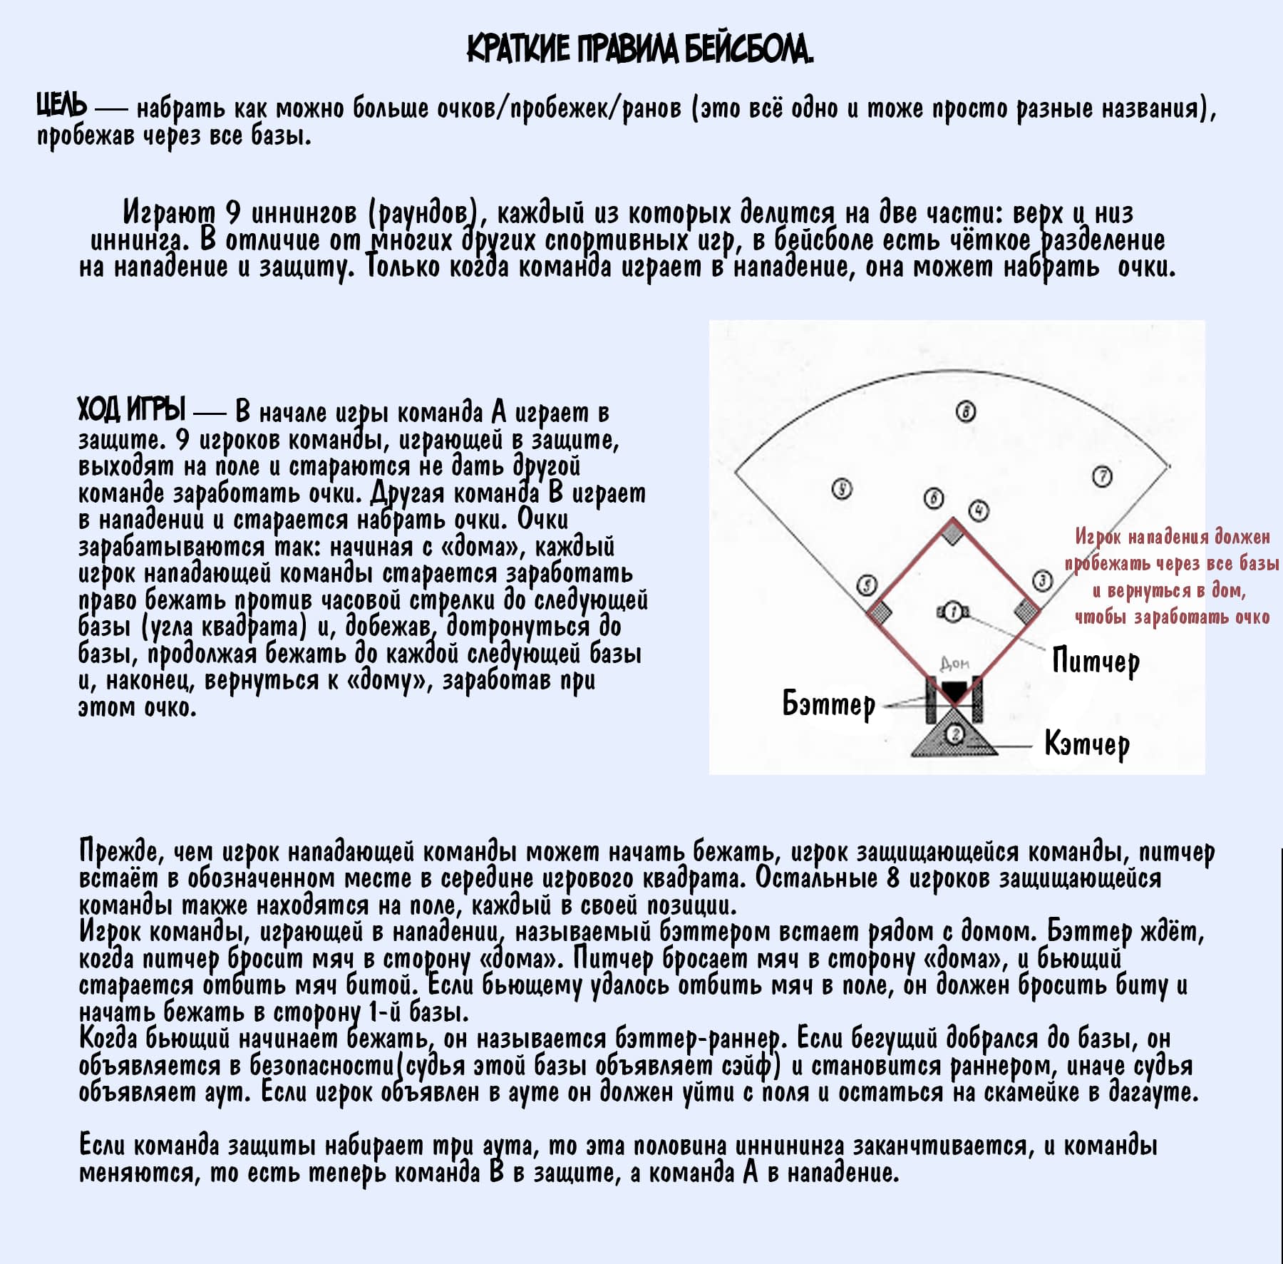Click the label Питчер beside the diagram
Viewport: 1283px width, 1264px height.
(1096, 662)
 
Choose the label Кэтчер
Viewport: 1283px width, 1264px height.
(1087, 744)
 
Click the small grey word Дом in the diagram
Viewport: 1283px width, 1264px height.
(954, 664)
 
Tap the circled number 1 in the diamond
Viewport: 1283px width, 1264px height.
(952, 612)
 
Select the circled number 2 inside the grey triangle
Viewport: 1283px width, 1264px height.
(956, 734)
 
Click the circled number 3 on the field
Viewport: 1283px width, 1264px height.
(1042, 581)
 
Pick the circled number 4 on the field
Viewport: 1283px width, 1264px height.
(979, 510)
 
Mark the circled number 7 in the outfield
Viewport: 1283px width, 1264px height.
(1102, 476)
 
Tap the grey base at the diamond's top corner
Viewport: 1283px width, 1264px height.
(953, 532)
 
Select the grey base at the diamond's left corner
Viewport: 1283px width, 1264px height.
(881, 611)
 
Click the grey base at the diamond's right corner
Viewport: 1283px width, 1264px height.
(1026, 610)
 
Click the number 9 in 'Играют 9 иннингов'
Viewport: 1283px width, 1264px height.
(233, 212)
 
